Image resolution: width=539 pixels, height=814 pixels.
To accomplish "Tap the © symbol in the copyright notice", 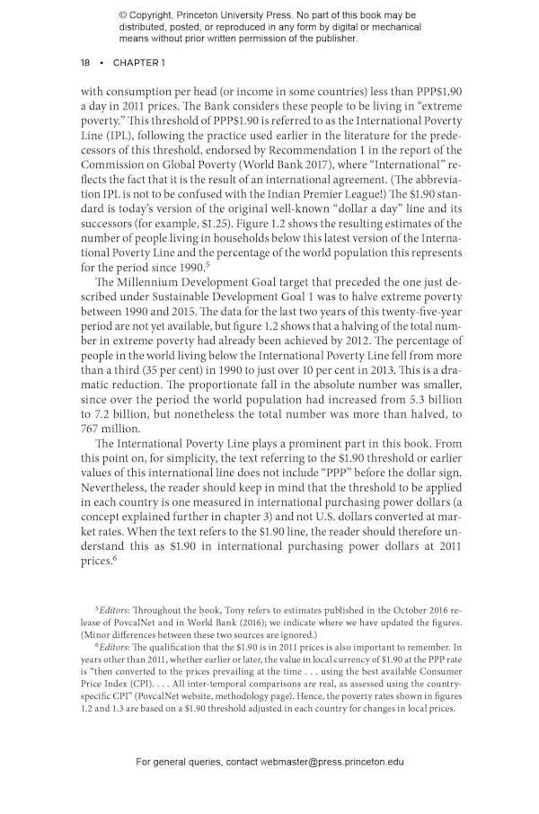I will click(x=123, y=15).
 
